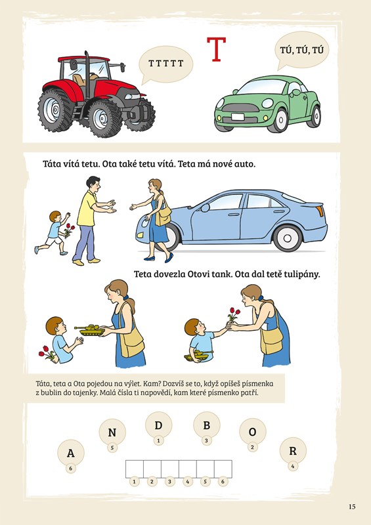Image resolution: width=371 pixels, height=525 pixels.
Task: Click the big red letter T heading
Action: pos(216,49)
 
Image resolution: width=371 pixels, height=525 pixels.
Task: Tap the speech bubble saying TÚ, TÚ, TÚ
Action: pos(301,51)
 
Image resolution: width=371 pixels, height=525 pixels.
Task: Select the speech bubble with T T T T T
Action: pos(165,64)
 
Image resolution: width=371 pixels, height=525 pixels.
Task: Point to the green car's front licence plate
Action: pos(238,117)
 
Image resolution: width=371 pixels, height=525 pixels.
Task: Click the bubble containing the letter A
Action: pos(71,453)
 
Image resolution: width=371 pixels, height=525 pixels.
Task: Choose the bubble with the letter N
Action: pos(112,432)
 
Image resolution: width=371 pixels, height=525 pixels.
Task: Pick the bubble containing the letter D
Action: pos(158,425)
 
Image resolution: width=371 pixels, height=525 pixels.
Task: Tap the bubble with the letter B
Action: pos(206,425)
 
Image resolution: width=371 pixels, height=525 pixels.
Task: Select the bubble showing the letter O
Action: pos(252,432)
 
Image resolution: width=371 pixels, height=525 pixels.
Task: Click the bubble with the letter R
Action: pos(293,451)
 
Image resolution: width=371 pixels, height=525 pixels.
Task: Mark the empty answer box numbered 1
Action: pos(135,469)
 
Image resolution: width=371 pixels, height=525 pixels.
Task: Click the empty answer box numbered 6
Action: pos(223,469)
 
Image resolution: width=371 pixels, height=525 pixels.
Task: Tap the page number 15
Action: pos(352,507)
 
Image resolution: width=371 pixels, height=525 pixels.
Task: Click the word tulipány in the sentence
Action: pos(302,274)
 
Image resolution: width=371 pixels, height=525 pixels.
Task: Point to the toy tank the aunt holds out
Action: pos(90,329)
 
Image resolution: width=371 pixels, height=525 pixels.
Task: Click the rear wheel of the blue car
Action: pos(288,238)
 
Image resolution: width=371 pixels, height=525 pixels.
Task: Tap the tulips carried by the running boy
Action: pos(69,230)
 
